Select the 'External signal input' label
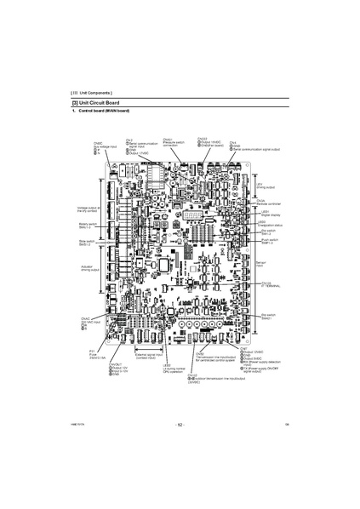(x=139, y=359)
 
